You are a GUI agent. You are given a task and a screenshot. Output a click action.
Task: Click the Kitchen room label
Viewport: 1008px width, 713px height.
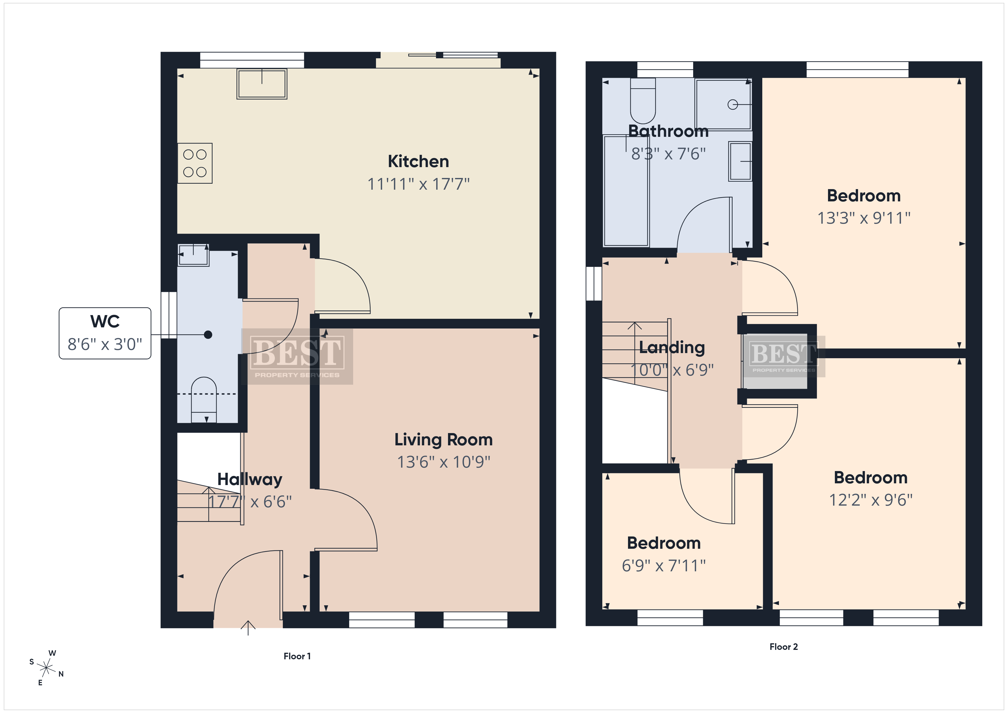click(x=418, y=162)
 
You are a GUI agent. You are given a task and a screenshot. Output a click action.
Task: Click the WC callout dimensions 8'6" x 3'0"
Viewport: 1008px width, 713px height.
click(x=105, y=344)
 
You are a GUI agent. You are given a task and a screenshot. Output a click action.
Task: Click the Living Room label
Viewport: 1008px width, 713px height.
click(x=443, y=439)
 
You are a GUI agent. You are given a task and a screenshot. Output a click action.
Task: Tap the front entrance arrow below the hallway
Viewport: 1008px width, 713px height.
click(x=248, y=628)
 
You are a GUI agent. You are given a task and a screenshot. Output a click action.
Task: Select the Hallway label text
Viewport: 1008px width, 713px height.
click(x=250, y=479)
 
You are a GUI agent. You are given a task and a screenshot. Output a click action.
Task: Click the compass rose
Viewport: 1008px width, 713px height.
click(x=46, y=668)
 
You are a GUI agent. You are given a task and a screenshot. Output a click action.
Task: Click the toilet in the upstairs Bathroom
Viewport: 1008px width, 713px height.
click(x=643, y=101)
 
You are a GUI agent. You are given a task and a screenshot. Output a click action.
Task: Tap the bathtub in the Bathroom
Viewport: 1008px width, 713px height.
click(x=627, y=191)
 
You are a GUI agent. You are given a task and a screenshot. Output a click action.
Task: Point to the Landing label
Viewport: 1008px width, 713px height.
click(x=672, y=347)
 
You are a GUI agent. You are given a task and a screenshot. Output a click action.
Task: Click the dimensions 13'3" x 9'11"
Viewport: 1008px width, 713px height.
click(x=863, y=218)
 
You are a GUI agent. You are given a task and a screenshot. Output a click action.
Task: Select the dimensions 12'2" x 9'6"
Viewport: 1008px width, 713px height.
click(x=871, y=500)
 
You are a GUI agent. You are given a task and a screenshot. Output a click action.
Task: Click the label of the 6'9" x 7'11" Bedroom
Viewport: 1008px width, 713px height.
click(x=664, y=543)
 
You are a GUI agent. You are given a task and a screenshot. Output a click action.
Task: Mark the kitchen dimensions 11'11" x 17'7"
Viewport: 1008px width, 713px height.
click(x=418, y=184)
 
